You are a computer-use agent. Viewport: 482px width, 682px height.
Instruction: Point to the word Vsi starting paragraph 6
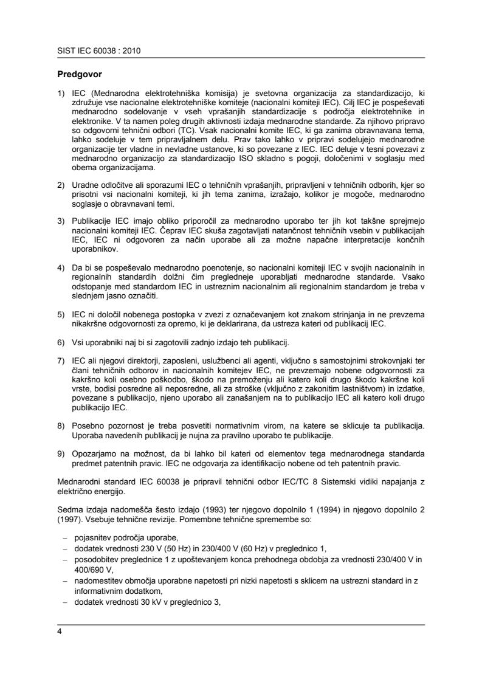click(78, 341)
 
